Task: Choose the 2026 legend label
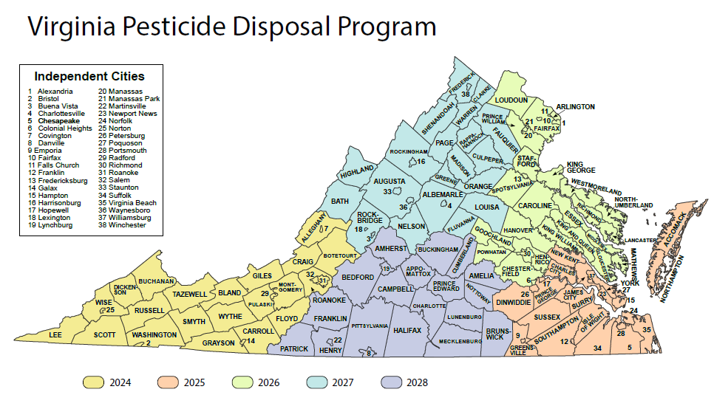(x=270, y=382)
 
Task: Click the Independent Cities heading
(x=89, y=76)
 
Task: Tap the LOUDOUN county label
(x=511, y=100)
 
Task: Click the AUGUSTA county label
(x=390, y=181)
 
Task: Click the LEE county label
(x=55, y=334)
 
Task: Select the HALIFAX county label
(x=407, y=331)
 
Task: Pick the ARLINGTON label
(x=575, y=106)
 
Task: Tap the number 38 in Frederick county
(x=466, y=94)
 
